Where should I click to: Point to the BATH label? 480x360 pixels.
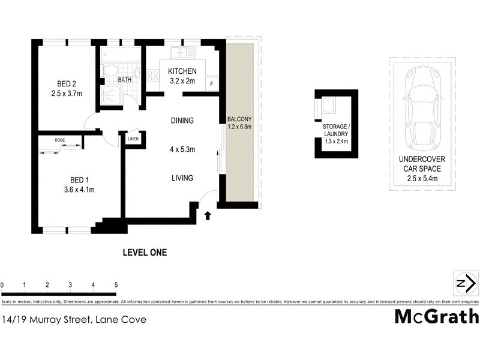click(125, 80)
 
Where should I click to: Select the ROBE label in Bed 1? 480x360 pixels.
click(60, 140)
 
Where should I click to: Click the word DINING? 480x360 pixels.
click(182, 121)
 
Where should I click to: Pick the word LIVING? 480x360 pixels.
click(182, 178)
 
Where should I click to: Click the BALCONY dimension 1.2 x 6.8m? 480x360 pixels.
click(239, 127)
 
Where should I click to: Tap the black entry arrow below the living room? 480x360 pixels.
click(208, 215)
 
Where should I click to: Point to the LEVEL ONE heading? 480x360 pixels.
click(145, 253)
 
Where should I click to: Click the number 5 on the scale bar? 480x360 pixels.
click(116, 285)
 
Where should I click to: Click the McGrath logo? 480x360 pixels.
click(436, 316)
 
